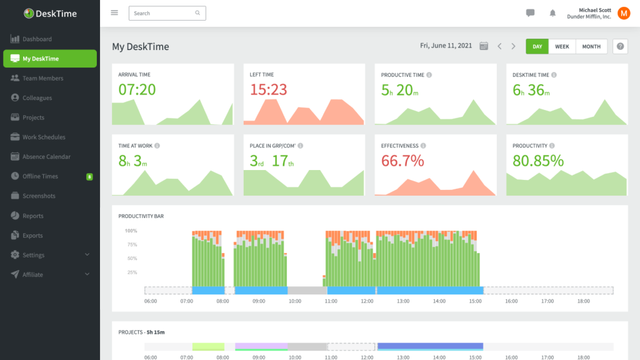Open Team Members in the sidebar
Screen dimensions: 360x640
(42, 78)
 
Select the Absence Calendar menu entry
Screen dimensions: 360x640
(46, 157)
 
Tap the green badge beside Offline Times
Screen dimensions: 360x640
(89, 177)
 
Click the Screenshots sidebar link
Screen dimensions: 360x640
(39, 196)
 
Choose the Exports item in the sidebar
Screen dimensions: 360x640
(32, 236)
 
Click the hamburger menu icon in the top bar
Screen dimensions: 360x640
(114, 12)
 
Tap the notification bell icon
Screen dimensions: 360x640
(552, 13)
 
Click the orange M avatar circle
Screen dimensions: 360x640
(623, 13)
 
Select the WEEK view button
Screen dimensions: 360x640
(562, 46)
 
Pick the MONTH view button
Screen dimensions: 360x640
(591, 46)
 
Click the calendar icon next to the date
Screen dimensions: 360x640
(483, 46)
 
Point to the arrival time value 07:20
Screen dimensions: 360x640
(137, 90)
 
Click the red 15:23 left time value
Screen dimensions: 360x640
(268, 90)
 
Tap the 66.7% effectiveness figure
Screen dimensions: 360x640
(402, 161)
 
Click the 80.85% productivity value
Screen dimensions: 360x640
(538, 161)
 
